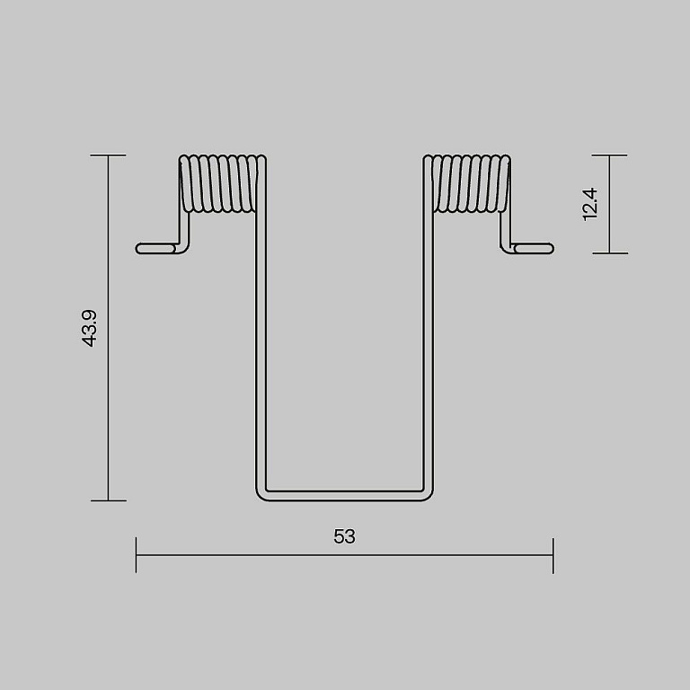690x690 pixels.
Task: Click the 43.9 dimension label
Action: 89,328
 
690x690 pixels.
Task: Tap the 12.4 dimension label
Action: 589,204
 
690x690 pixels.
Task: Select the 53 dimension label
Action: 345,536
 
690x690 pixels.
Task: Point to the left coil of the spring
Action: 222,183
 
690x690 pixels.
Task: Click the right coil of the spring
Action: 467,183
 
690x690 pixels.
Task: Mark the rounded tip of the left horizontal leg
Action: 137,249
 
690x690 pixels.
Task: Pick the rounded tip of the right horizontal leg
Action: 552,249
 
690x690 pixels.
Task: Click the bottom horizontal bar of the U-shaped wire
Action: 345,496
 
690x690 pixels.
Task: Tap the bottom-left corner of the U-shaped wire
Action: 260,497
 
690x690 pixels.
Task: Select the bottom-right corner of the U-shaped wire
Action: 429,497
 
